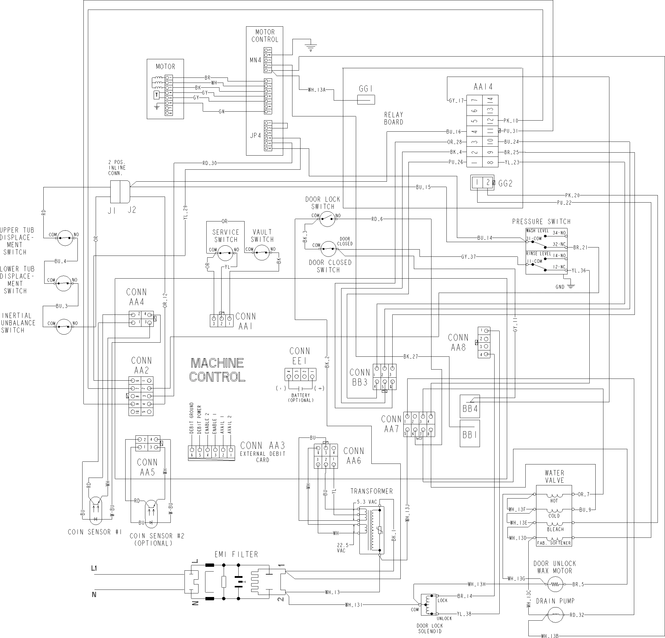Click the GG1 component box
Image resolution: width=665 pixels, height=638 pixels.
tap(366, 99)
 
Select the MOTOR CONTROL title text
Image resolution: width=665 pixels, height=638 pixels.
tap(265, 36)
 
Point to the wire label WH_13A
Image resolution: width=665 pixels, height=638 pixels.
tap(316, 90)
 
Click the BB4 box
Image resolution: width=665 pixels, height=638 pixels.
tap(469, 408)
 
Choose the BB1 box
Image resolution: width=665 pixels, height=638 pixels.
tap(469, 434)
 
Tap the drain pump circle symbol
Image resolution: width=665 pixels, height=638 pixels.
tap(555, 615)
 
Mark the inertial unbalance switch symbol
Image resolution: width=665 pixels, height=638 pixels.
tap(64, 327)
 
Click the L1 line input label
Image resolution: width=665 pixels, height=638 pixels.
tap(94, 568)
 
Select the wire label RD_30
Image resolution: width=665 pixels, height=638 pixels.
tap(209, 163)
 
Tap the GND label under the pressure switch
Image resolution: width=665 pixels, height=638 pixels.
tap(560, 287)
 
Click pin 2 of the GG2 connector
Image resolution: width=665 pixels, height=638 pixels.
tap(488, 183)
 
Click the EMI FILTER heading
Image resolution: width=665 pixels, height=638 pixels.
tap(236, 555)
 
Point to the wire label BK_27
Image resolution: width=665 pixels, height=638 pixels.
tap(411, 356)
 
